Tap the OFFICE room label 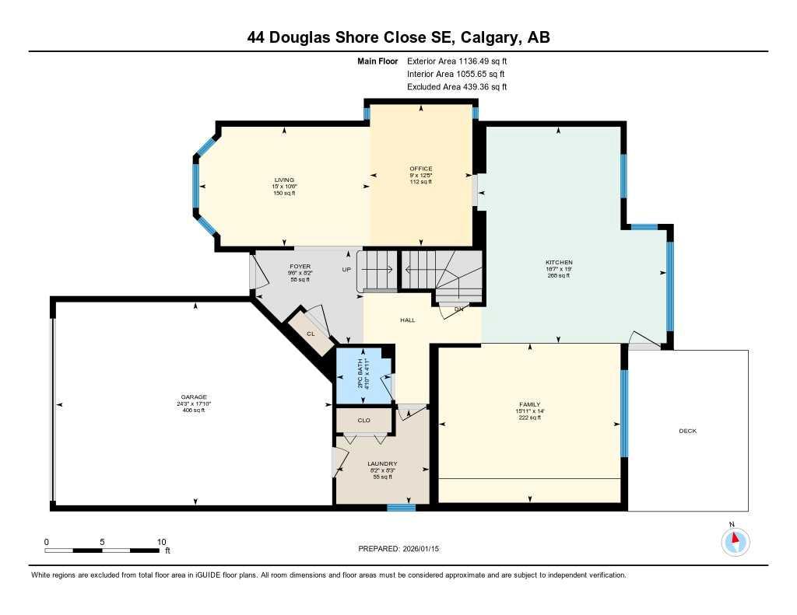click(421, 169)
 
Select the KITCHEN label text click(558, 263)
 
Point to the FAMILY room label click(529, 405)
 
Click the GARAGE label click(194, 397)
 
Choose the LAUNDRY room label click(382, 464)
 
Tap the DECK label click(687, 431)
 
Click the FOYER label click(300, 267)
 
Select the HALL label click(408, 320)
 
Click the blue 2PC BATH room click(363, 377)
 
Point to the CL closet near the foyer click(310, 334)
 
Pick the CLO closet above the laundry click(363, 421)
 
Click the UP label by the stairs click(346, 270)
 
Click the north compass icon click(734, 540)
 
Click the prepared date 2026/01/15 click(427, 549)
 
